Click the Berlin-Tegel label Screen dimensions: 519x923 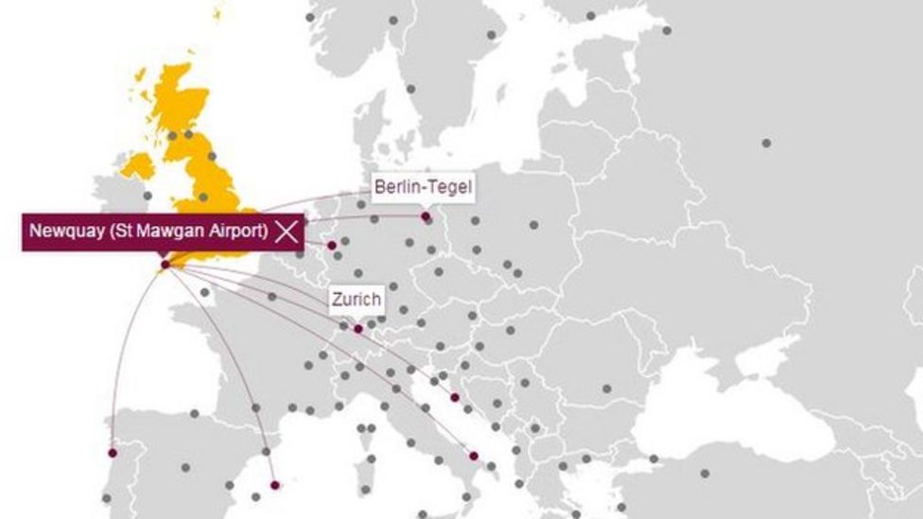click(x=422, y=186)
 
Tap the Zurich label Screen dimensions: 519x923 click(x=356, y=301)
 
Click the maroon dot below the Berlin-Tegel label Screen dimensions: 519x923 click(x=427, y=216)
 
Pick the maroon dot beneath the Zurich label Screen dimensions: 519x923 click(x=357, y=329)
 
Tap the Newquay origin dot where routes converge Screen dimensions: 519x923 click(x=165, y=265)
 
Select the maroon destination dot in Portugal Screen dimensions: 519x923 click(x=113, y=452)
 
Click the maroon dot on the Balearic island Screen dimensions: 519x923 click(x=275, y=485)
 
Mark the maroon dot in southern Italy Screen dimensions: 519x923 click(x=474, y=456)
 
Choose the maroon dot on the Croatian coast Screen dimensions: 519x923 click(x=455, y=397)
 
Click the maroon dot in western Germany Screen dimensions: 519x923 click(x=332, y=246)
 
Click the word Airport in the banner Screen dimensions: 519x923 click(x=242, y=231)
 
